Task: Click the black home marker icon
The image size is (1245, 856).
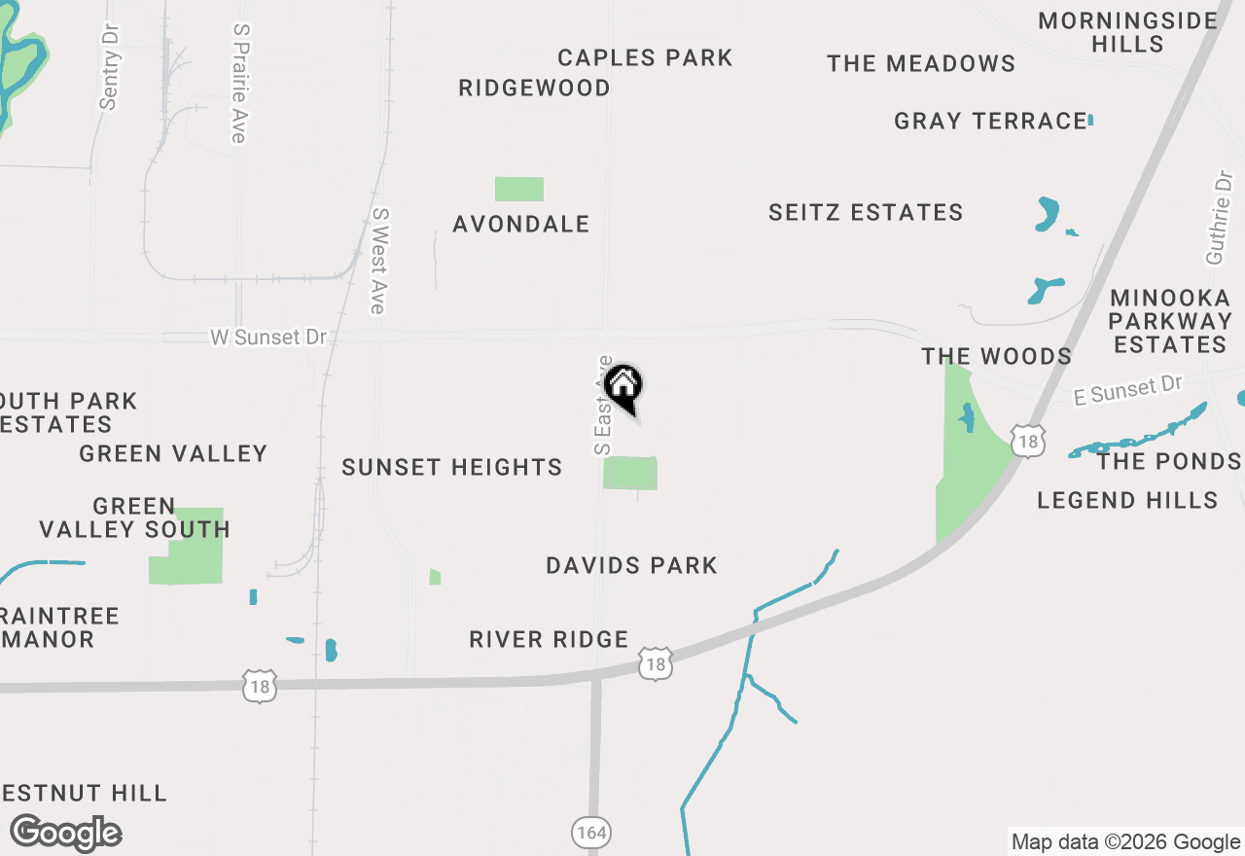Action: click(x=623, y=387)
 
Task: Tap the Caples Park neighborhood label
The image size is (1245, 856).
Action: click(x=645, y=58)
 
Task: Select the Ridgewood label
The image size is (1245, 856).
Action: click(x=534, y=89)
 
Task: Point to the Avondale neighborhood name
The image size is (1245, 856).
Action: click(x=521, y=225)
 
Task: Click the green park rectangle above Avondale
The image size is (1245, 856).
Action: click(x=519, y=189)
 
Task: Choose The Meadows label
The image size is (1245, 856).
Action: click(x=921, y=64)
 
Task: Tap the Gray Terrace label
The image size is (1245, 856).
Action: click(x=990, y=122)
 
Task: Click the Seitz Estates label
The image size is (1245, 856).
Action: click(x=866, y=213)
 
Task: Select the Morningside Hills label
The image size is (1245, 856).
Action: click(x=1127, y=32)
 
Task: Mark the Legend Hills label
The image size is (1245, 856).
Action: click(x=1127, y=501)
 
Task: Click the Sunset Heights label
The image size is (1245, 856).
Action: click(x=452, y=468)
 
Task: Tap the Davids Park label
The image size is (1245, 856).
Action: click(x=631, y=566)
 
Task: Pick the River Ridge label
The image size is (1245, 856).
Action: click(x=549, y=640)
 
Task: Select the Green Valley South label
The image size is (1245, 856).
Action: click(x=134, y=518)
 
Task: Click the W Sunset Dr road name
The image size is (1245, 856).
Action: click(x=267, y=338)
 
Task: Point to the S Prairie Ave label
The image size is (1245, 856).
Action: click(x=239, y=84)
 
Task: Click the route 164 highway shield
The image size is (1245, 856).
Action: click(x=590, y=833)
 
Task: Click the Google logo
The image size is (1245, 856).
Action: click(x=66, y=834)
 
